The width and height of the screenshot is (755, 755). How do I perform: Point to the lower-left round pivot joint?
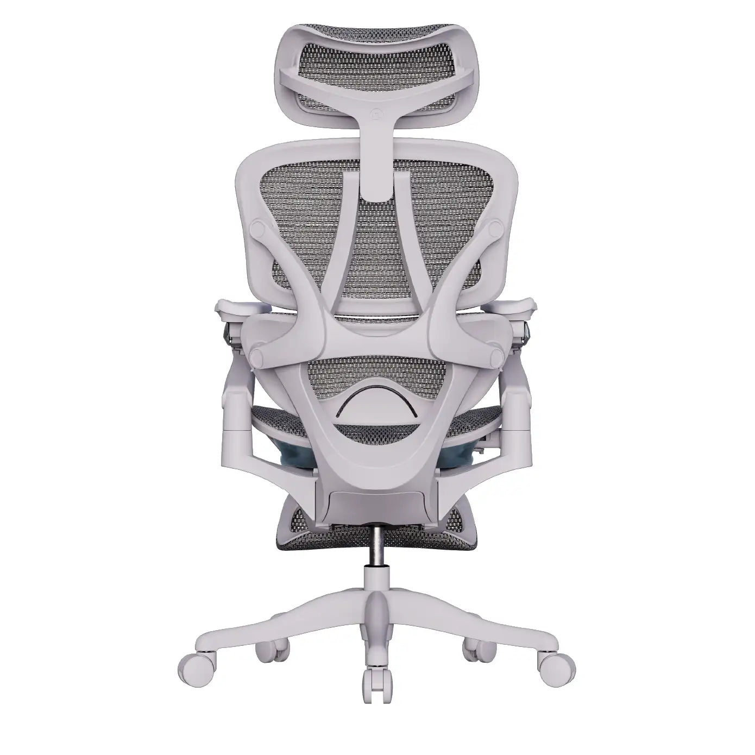coord(259,356)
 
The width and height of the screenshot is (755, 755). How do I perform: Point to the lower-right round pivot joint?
coord(496,356)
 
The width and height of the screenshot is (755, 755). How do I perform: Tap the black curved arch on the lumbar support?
coord(377,391)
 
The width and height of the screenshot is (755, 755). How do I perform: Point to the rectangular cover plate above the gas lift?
coord(377,502)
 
